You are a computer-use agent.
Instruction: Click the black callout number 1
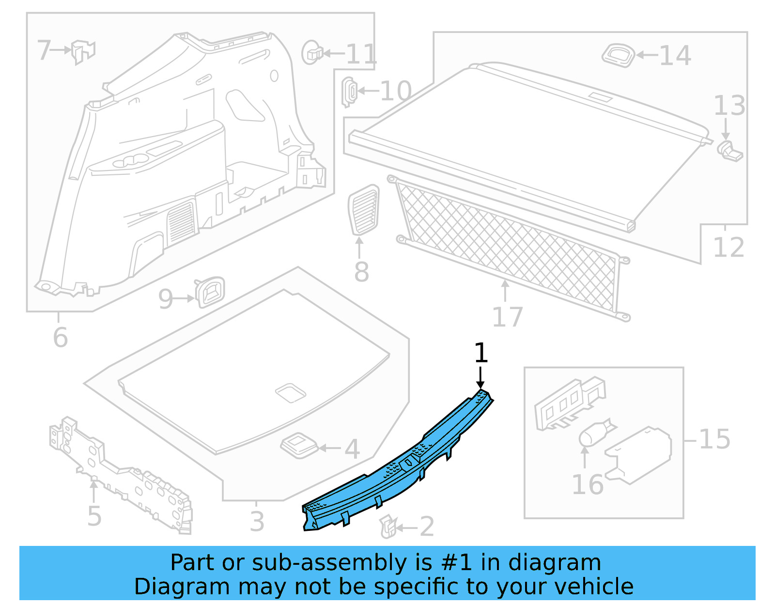coord(480,353)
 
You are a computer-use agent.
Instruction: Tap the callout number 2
coord(427,527)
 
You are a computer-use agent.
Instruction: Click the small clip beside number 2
coord(388,526)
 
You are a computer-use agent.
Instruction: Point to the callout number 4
coord(352,449)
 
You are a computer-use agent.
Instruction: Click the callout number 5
coord(94,516)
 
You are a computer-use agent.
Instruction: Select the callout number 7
coord(44,50)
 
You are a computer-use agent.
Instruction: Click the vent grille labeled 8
coord(363,210)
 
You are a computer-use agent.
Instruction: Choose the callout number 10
coord(396,91)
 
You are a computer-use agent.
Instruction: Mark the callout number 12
coord(728,248)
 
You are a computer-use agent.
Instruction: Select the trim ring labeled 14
coord(619,55)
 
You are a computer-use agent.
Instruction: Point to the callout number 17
coord(507,317)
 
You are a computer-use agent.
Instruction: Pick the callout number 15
coord(714,439)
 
